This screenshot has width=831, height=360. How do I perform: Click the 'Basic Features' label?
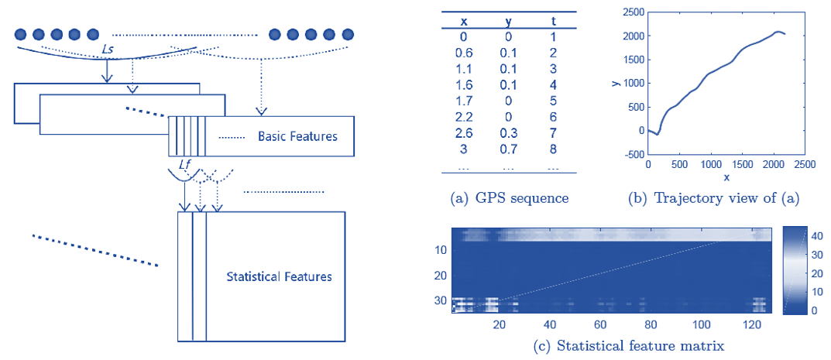(x=297, y=136)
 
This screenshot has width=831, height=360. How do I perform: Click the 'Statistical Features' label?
(x=279, y=277)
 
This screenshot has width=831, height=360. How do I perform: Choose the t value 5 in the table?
(x=553, y=98)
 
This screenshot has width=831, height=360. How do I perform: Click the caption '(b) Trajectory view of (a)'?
(x=713, y=199)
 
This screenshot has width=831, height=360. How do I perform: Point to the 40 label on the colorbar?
(x=817, y=234)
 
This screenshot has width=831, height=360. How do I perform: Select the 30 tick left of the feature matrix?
(x=441, y=300)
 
